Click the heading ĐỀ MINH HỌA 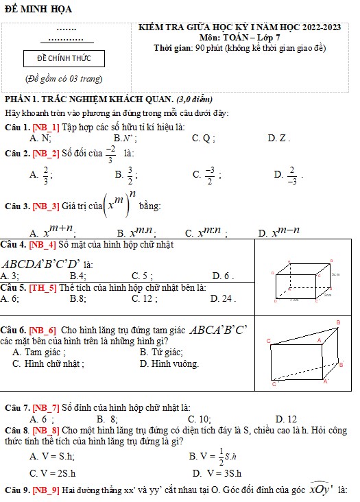click(x=38, y=9)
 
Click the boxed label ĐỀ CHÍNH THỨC click(x=63, y=58)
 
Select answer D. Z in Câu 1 click(x=277, y=139)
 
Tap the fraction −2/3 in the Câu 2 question click(x=110, y=154)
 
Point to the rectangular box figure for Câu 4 click(x=303, y=281)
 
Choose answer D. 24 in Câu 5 click(x=223, y=298)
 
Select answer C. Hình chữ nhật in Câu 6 click(x=49, y=363)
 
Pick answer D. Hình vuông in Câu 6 click(x=169, y=363)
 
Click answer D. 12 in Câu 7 click(x=286, y=418)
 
